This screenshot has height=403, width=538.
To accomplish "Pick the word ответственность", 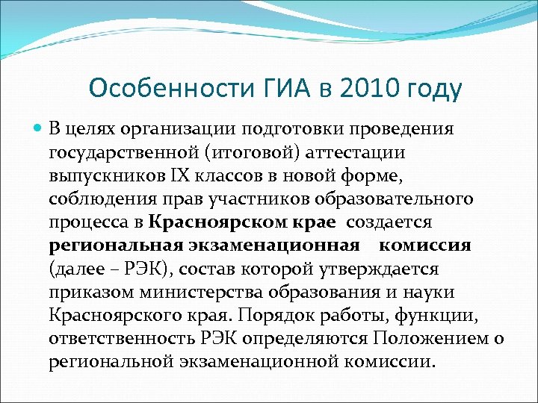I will tap(119, 338).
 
